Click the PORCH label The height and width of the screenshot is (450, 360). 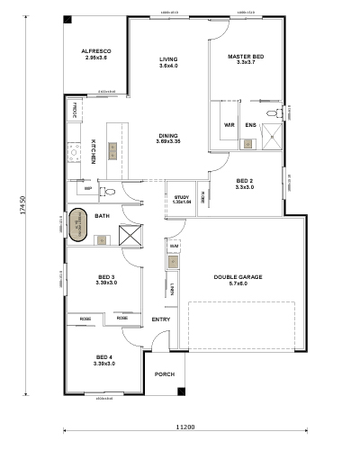click(x=165, y=373)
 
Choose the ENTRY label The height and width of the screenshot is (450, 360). click(x=161, y=319)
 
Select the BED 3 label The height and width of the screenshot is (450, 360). click(x=106, y=279)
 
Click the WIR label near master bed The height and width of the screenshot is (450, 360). click(x=229, y=125)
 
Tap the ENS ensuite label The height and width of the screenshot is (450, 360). click(x=251, y=125)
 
